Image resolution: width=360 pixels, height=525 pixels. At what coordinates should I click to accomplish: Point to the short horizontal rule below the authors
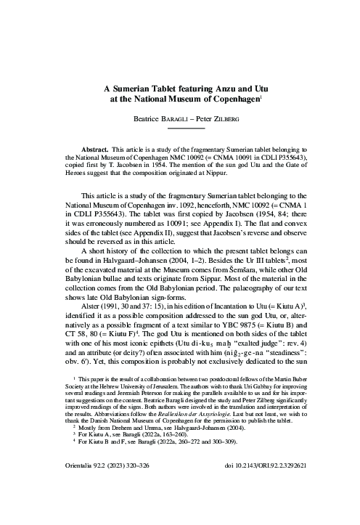(x=181, y=128)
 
